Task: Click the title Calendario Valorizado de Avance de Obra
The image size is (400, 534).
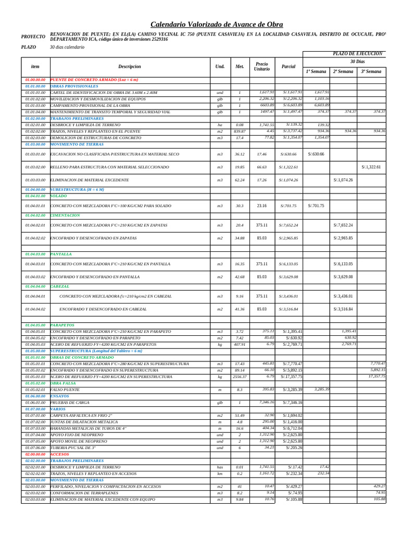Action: pos(217,25)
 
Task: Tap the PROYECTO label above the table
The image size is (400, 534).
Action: pos(33,37)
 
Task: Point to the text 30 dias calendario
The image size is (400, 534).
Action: pos(67,47)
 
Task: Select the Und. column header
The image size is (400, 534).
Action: pos(220,67)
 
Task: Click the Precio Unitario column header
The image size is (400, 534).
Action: pos(262,67)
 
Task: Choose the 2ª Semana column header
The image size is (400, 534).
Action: pos(343,71)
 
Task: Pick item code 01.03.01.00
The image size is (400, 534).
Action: pos(35,154)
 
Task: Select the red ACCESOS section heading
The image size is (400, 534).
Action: pos(59,454)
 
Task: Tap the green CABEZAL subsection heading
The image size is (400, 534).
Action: pos(59,286)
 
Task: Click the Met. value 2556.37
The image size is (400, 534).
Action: pos(240,377)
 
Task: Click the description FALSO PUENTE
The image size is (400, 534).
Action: pos(65,390)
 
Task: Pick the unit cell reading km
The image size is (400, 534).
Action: pos(220,474)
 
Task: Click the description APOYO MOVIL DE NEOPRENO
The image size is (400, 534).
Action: pos(79,441)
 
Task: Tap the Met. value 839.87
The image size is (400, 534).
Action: pos(240,131)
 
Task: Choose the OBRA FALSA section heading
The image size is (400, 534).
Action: pos(63,383)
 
